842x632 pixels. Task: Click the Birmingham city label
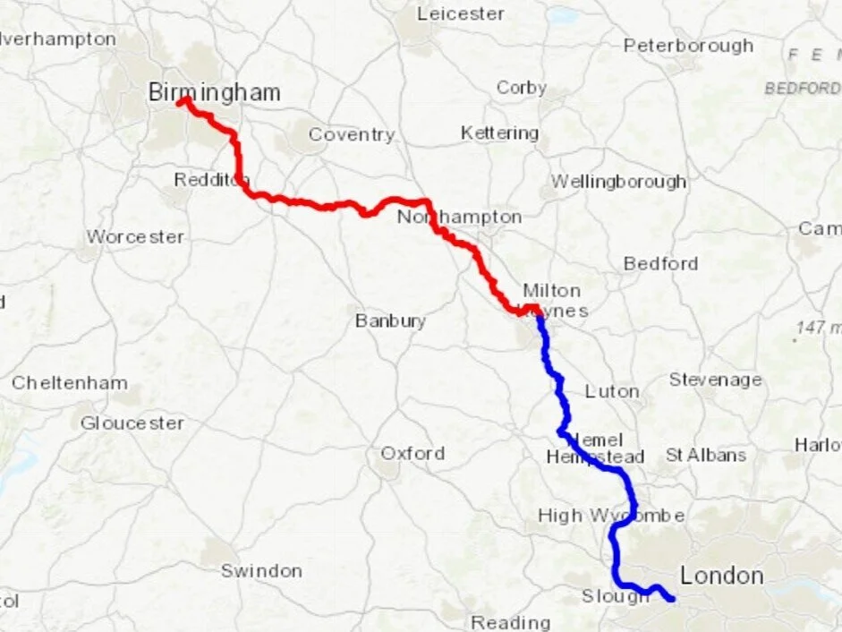click(214, 92)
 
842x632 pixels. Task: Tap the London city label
click(722, 576)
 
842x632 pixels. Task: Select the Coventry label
click(351, 135)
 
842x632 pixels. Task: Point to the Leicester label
click(461, 13)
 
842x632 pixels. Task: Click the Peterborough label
click(688, 45)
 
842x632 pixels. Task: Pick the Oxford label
click(412, 453)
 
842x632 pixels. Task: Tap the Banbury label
click(390, 320)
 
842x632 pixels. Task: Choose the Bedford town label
click(660, 263)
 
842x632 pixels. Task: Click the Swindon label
click(261, 570)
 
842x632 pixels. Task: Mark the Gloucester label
click(132, 423)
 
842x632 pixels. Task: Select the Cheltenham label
click(70, 382)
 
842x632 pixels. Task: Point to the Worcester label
click(135, 237)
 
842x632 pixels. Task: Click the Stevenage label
click(715, 380)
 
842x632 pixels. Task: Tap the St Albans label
click(705, 455)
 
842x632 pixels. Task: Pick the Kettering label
click(499, 133)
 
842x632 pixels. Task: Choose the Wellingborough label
click(618, 181)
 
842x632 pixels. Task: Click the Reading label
click(511, 622)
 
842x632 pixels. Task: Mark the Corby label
click(522, 88)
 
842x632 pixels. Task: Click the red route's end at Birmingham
click(183, 101)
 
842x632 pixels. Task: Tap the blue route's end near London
click(671, 599)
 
